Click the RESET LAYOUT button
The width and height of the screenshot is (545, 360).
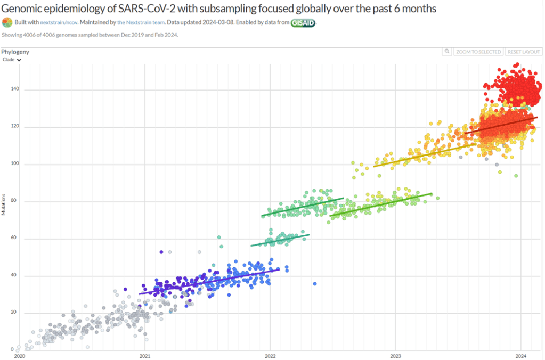[x=524, y=52]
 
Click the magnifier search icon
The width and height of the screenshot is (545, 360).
[x=448, y=52]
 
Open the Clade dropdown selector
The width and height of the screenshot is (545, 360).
[x=12, y=60]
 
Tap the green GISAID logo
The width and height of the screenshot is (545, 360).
[x=303, y=23]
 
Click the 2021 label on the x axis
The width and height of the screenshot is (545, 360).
[x=145, y=355]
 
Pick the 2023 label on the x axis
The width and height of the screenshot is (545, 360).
[x=395, y=355]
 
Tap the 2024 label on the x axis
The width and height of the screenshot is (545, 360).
[x=520, y=355]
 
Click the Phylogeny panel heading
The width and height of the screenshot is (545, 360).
[x=15, y=52]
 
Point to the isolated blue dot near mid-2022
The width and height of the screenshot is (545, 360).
[x=315, y=284]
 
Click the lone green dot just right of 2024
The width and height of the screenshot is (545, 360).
[x=516, y=176]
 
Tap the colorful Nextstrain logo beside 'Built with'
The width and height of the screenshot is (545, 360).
[x=6, y=22]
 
